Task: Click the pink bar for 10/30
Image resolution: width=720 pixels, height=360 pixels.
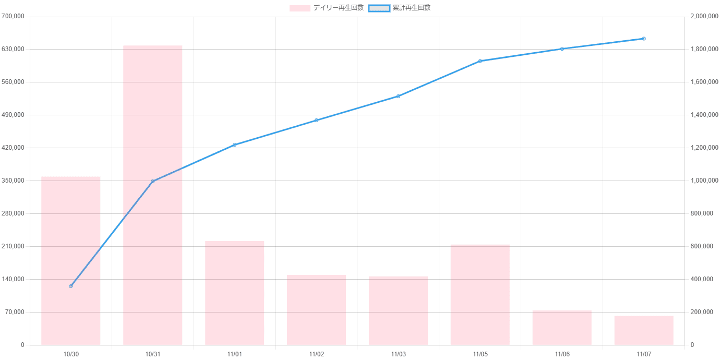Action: (71, 261)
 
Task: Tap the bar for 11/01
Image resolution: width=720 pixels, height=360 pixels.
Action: (235, 293)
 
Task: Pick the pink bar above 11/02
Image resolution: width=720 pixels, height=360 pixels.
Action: (317, 310)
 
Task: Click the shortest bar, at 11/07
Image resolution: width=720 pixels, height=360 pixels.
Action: (644, 330)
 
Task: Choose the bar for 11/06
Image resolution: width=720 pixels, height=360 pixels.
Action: (562, 328)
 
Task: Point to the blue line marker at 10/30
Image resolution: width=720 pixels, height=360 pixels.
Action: (71, 286)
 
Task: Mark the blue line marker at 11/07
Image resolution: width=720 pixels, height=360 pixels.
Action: (644, 39)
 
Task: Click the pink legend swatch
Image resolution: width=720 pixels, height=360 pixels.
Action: (300, 8)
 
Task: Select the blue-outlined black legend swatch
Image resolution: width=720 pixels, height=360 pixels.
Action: (379, 8)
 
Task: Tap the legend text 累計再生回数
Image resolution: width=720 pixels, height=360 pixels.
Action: (412, 8)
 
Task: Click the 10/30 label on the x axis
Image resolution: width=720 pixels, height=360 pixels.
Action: (71, 354)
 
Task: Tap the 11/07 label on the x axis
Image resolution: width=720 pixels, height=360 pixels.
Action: (644, 354)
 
